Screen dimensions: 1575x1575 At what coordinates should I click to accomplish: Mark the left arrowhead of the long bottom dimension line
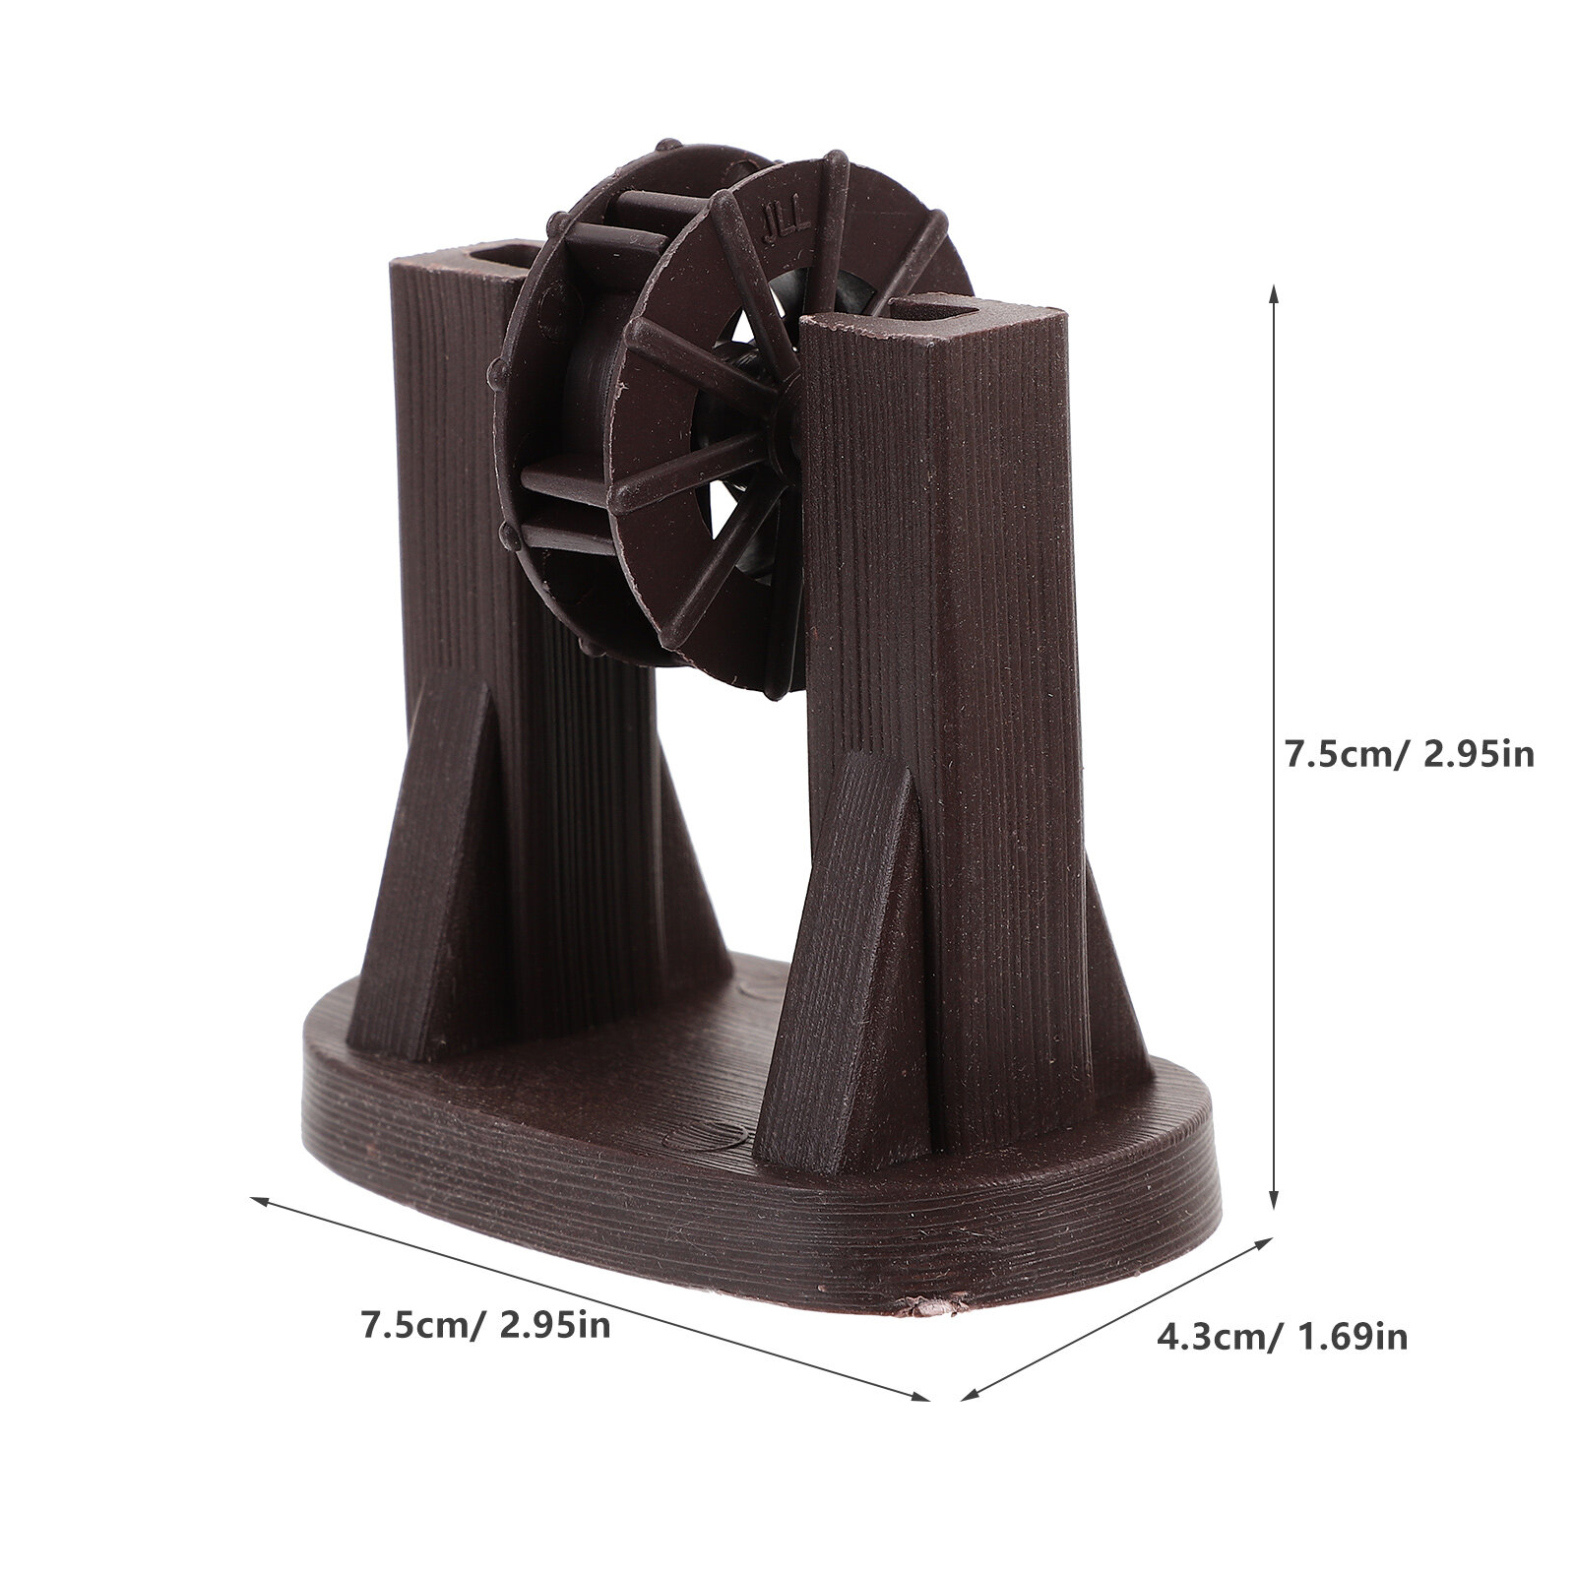(263, 1201)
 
